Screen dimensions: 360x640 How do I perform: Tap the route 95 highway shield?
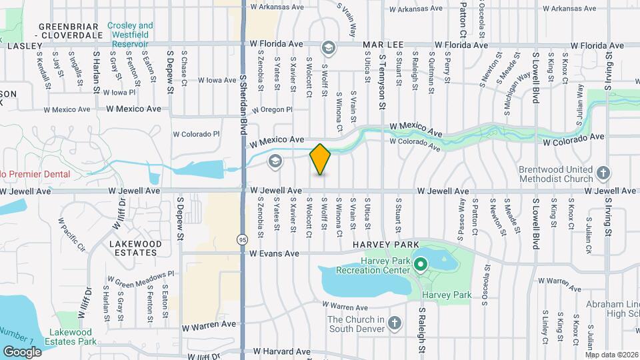(241, 239)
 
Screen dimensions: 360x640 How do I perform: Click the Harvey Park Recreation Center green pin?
(420, 265)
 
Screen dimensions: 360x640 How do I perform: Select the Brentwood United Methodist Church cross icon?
(603, 173)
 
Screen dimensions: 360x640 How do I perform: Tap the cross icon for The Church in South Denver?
(394, 323)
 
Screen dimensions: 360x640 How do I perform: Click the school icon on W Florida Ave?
(328, 48)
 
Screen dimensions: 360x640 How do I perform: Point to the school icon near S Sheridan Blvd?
(275, 161)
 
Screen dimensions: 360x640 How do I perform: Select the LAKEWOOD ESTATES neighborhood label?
(135, 249)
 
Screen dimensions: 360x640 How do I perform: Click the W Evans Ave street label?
(275, 253)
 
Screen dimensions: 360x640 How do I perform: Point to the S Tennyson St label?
(383, 81)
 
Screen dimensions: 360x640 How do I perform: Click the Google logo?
(22, 351)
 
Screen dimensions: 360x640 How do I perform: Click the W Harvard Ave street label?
(281, 351)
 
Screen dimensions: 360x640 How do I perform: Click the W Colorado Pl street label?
(196, 134)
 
